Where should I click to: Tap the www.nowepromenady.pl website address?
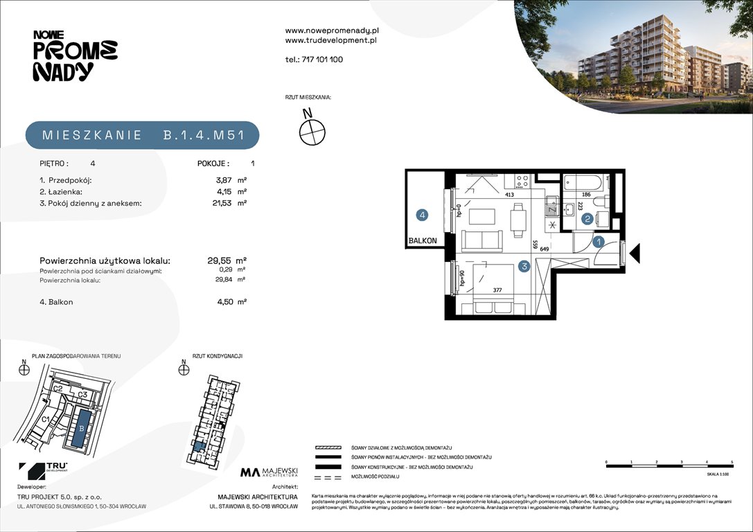click(x=332, y=30)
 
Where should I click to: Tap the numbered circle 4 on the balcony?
click(x=423, y=215)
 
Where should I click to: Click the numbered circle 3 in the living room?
click(x=526, y=265)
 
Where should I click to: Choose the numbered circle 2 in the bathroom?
click(x=587, y=220)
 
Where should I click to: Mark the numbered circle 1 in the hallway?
click(x=600, y=242)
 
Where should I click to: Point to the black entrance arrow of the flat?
click(x=637, y=253)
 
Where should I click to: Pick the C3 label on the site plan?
click(x=82, y=395)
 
